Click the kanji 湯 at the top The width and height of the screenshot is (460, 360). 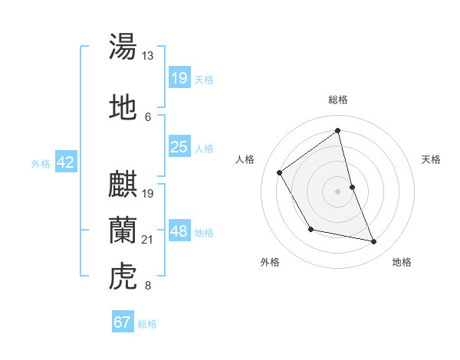click(123, 46)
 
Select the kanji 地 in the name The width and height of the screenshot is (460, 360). click(123, 107)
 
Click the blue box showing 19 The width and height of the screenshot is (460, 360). click(179, 77)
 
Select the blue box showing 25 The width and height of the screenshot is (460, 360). click(179, 147)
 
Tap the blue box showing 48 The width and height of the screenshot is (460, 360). click(179, 231)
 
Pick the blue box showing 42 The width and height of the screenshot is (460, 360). click(65, 162)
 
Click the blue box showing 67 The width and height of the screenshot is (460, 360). click(123, 322)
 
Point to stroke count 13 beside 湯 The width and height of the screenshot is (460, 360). click(148, 56)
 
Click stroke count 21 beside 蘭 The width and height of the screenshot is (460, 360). click(148, 240)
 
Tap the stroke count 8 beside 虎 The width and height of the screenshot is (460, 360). click(147, 286)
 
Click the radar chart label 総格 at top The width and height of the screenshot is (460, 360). click(338, 100)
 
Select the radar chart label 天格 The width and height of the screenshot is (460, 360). click(432, 159)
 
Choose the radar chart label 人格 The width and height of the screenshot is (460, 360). click(245, 159)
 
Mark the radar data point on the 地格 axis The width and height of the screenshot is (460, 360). click(374, 242)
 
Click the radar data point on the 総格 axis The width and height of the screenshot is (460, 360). click(338, 130)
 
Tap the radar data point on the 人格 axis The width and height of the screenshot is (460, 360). click(280, 172)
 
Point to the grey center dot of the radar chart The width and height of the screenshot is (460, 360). click(338, 191)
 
